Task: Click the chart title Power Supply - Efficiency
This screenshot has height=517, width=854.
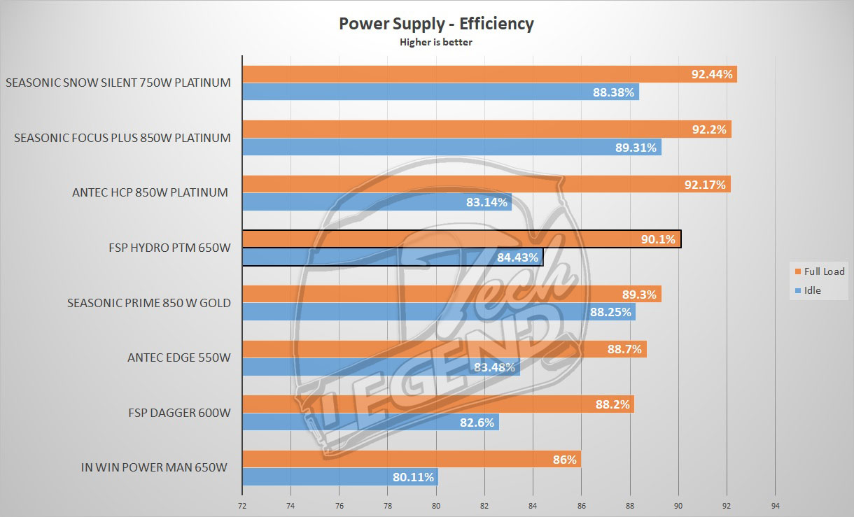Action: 436,24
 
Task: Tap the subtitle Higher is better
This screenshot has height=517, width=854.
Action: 436,42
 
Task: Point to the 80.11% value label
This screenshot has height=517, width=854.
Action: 414,477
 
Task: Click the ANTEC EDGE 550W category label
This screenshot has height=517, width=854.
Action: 178,358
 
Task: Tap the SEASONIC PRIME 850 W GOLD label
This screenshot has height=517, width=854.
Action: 149,303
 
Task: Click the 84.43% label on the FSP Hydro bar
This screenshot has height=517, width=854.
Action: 517,257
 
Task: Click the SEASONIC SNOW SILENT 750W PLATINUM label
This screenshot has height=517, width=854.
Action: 118,83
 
